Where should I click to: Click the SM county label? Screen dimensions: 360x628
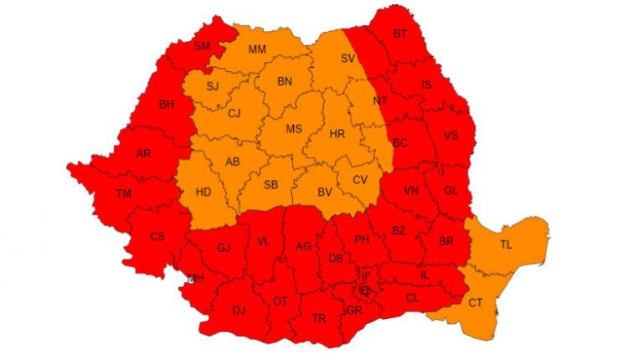click(x=202, y=46)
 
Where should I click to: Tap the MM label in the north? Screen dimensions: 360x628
click(x=257, y=49)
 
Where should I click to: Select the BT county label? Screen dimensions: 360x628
click(x=399, y=33)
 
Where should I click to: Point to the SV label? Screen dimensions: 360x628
click(x=348, y=59)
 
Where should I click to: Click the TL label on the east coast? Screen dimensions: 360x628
click(x=506, y=245)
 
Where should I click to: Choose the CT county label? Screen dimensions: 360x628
click(x=475, y=301)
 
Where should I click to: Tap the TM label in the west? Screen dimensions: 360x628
click(x=124, y=194)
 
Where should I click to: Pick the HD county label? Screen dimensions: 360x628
click(x=203, y=191)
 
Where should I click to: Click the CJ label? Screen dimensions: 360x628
click(x=234, y=113)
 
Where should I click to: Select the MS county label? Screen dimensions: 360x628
click(x=294, y=129)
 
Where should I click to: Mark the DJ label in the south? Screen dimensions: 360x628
click(x=239, y=311)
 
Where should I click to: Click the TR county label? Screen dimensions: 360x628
click(x=319, y=318)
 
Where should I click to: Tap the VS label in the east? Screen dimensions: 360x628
click(x=451, y=136)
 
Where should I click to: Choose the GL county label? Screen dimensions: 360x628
click(x=451, y=190)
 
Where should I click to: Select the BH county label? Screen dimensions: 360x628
click(x=166, y=105)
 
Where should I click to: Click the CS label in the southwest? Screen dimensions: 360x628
click(x=157, y=236)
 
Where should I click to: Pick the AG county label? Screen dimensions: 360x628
click(x=304, y=245)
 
